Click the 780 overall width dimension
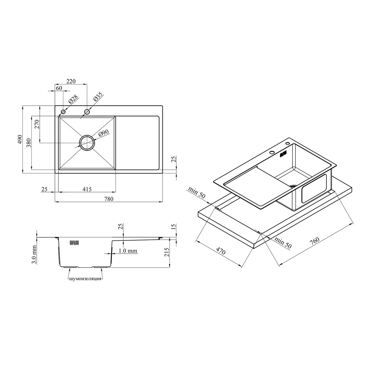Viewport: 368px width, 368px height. pos(109,199)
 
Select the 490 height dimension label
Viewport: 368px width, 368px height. pos(20,139)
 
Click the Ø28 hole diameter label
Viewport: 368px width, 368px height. pos(73,100)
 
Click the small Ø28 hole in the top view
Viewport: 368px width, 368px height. pos(63,112)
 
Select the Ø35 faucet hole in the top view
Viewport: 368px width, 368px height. pos(87,112)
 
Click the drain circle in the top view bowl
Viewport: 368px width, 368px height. pos(87,142)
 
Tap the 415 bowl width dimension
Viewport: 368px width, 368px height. pos(87,189)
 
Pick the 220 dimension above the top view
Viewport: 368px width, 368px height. pos(71,81)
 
